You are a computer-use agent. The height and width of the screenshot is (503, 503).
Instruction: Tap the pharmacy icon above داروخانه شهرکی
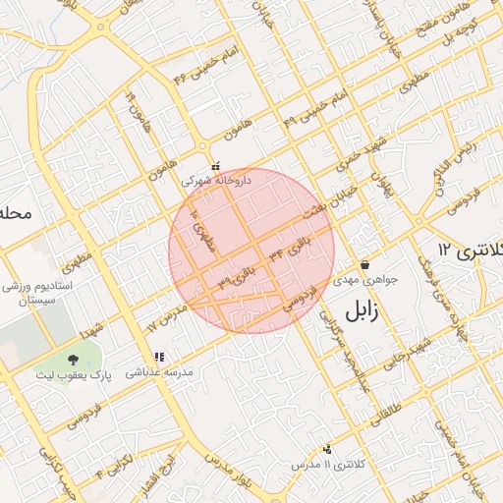(x=216, y=166)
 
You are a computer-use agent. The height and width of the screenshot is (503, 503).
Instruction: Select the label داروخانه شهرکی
(x=216, y=181)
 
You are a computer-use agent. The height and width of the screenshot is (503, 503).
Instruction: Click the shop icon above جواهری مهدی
(x=365, y=264)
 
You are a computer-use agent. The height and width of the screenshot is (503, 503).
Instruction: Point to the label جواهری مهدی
(x=365, y=279)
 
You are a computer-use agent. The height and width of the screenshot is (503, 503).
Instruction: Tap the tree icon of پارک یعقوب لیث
(x=75, y=359)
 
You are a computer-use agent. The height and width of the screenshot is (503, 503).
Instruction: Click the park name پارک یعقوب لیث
(x=75, y=374)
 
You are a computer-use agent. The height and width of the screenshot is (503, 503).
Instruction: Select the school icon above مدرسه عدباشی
(x=159, y=358)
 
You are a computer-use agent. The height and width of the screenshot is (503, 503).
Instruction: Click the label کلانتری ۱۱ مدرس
(x=328, y=463)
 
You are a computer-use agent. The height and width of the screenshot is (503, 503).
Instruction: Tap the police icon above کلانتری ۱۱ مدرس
(x=327, y=448)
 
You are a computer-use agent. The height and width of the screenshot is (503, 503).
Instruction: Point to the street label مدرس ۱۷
(x=165, y=316)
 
